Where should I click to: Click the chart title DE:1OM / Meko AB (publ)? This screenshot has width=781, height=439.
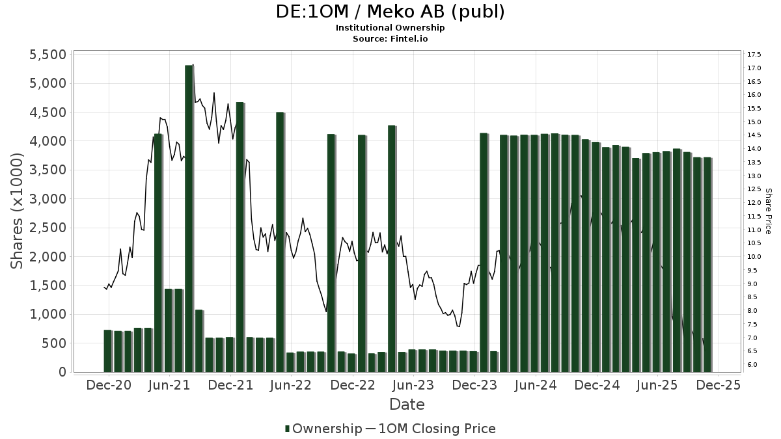(390, 12)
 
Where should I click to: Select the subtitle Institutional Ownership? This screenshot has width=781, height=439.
(390, 28)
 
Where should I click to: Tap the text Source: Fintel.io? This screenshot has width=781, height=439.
(390, 38)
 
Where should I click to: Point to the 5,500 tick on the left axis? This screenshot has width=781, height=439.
(48, 55)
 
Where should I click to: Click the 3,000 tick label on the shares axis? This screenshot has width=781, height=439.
(48, 199)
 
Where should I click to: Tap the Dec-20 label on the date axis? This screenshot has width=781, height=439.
(109, 385)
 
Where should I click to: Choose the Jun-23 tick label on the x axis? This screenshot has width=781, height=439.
(413, 385)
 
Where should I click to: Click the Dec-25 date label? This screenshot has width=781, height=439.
(718, 385)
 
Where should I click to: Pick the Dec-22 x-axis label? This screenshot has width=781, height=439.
(352, 385)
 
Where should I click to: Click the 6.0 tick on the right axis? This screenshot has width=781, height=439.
(752, 365)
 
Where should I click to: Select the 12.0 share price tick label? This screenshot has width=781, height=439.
(754, 203)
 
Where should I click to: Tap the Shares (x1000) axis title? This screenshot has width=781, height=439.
(18, 211)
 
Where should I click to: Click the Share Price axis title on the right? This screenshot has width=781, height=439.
(768, 211)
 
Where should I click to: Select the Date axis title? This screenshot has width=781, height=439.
(407, 405)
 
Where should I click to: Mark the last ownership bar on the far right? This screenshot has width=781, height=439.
(707, 264)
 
